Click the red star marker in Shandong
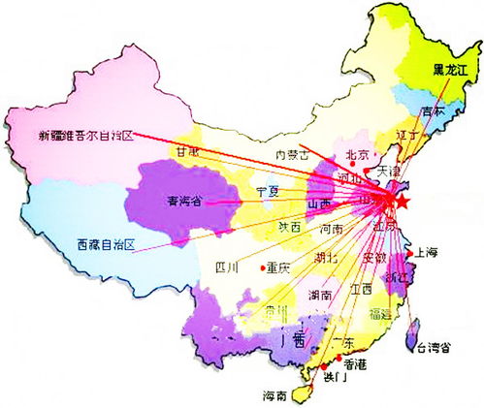click(x=403, y=201)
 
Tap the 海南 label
click(x=274, y=395)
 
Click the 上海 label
click(x=428, y=253)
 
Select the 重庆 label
click(x=279, y=267)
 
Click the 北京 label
click(x=358, y=154)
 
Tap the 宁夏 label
click(x=267, y=191)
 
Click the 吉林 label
click(x=446, y=111)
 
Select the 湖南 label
click(x=320, y=294)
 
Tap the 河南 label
click(x=330, y=230)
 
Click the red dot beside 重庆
click(x=262, y=267)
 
